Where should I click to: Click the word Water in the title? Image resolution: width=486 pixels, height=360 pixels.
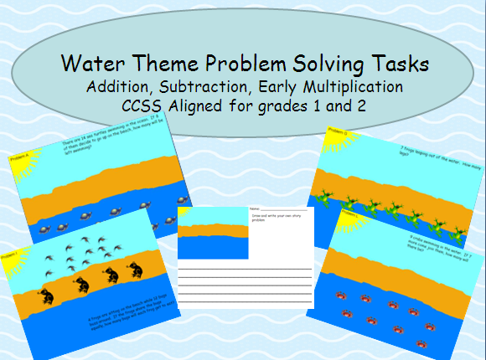95,63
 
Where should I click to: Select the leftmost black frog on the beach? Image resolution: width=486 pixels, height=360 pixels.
47,294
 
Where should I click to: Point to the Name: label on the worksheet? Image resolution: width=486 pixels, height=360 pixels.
256,209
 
